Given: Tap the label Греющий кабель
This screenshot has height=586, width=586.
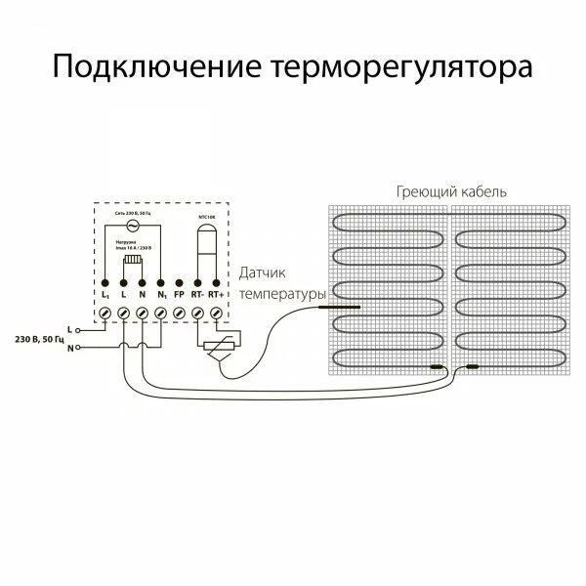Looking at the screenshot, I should click(451, 191).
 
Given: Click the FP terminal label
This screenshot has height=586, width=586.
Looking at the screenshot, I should click(179, 293).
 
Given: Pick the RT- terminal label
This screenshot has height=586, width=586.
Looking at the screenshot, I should click(198, 293).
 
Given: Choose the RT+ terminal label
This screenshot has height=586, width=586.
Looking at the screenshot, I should click(218, 293).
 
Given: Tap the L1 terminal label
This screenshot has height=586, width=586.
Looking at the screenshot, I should click(105, 293).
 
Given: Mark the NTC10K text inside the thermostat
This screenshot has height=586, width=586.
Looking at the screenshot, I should click(207, 214).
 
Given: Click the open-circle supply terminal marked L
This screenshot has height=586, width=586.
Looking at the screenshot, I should click(79, 330).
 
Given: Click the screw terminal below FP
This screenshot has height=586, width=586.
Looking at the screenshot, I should click(179, 313).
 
